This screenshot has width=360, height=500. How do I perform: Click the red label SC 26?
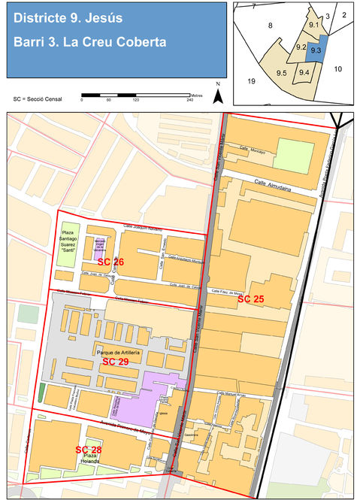(x=110, y=262)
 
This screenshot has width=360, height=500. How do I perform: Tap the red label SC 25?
(x=250, y=299)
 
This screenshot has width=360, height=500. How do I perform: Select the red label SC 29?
(x=115, y=362)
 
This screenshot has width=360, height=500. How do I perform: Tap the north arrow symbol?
(x=217, y=95)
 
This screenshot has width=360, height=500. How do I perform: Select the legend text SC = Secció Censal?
(x=38, y=98)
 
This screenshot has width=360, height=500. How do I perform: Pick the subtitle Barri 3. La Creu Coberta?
(x=89, y=42)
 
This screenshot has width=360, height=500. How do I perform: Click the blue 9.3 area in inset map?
(x=316, y=50)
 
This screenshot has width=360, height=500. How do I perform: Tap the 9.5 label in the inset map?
(x=282, y=73)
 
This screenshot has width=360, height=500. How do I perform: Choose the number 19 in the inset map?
(x=251, y=80)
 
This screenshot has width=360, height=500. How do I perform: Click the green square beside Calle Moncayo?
(x=292, y=154)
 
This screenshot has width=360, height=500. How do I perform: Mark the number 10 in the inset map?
(x=337, y=69)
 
